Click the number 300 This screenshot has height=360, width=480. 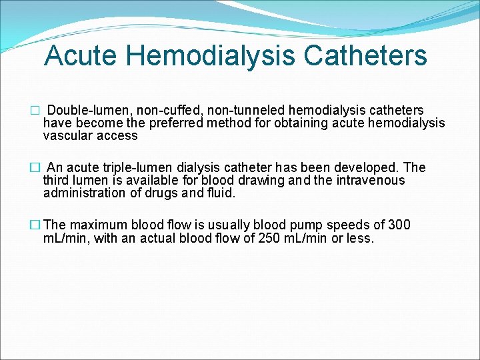[x=399, y=225]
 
